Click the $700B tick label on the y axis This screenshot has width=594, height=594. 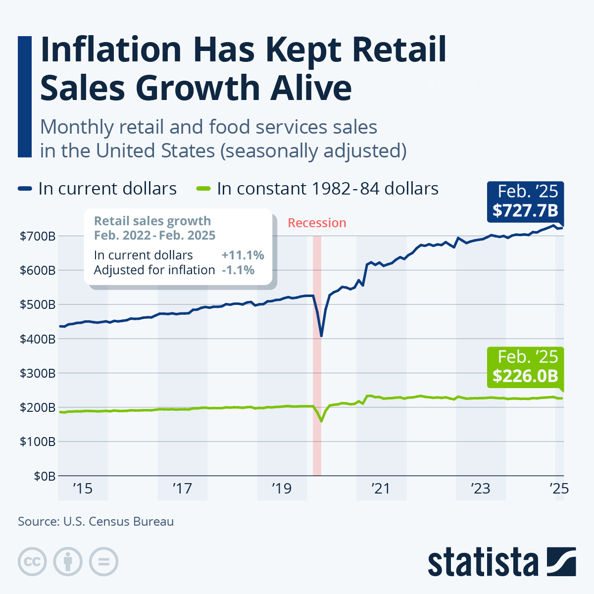click(37, 236)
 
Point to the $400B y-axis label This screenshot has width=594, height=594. click(37, 339)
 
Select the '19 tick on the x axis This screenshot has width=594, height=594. click(282, 489)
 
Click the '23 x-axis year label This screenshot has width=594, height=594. click(480, 489)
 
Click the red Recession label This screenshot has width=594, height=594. click(317, 223)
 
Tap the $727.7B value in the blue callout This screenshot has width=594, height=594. click(525, 211)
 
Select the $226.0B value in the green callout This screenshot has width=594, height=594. click(525, 376)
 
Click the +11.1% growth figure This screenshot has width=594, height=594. click(243, 255)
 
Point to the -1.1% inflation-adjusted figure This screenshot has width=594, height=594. click(238, 270)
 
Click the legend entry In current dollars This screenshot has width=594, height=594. click(107, 189)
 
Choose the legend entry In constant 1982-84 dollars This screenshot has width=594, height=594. click(327, 189)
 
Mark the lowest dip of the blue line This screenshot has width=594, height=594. click(321, 336)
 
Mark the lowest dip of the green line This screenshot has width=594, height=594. click(321, 421)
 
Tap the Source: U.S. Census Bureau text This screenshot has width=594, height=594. click(96, 521)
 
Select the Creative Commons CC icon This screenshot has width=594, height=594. click(32, 562)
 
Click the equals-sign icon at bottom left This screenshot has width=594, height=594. click(103, 562)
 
